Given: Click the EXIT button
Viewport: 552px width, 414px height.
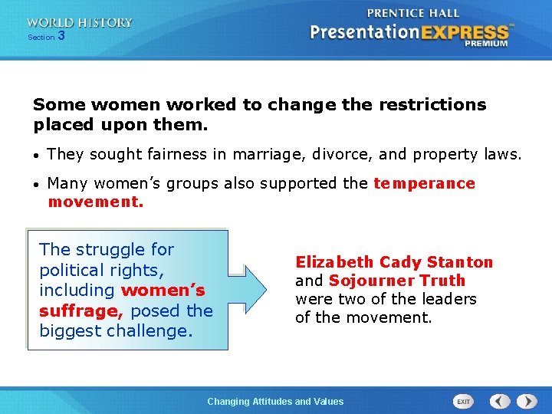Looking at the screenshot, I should click(464, 401).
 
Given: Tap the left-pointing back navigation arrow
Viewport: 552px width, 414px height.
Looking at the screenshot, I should click(500, 401).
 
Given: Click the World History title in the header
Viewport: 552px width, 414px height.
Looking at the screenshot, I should click(80, 23).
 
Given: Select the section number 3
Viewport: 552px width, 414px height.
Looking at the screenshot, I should click(61, 36).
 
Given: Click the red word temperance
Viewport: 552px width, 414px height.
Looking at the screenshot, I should click(424, 183).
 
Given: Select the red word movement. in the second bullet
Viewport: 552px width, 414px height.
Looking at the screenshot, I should click(96, 202).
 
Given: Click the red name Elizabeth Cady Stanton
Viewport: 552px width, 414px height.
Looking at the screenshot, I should click(394, 262).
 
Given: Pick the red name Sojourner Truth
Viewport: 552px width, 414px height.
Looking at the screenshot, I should click(397, 281).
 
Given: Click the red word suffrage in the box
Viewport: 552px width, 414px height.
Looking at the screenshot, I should click(82, 310).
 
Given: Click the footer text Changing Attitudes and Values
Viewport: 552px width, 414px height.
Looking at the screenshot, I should click(276, 401).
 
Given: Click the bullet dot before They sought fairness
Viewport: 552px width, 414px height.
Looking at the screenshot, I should click(38, 155).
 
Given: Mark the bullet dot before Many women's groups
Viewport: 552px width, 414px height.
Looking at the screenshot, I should click(38, 184).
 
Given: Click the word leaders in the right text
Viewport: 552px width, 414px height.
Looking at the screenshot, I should click(450, 299).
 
